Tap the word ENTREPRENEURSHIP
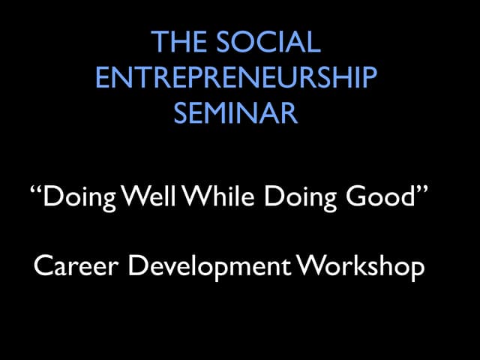coord(236,78)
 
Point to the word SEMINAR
coord(235,113)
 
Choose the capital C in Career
coord(42,266)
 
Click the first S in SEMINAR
coord(181,113)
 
